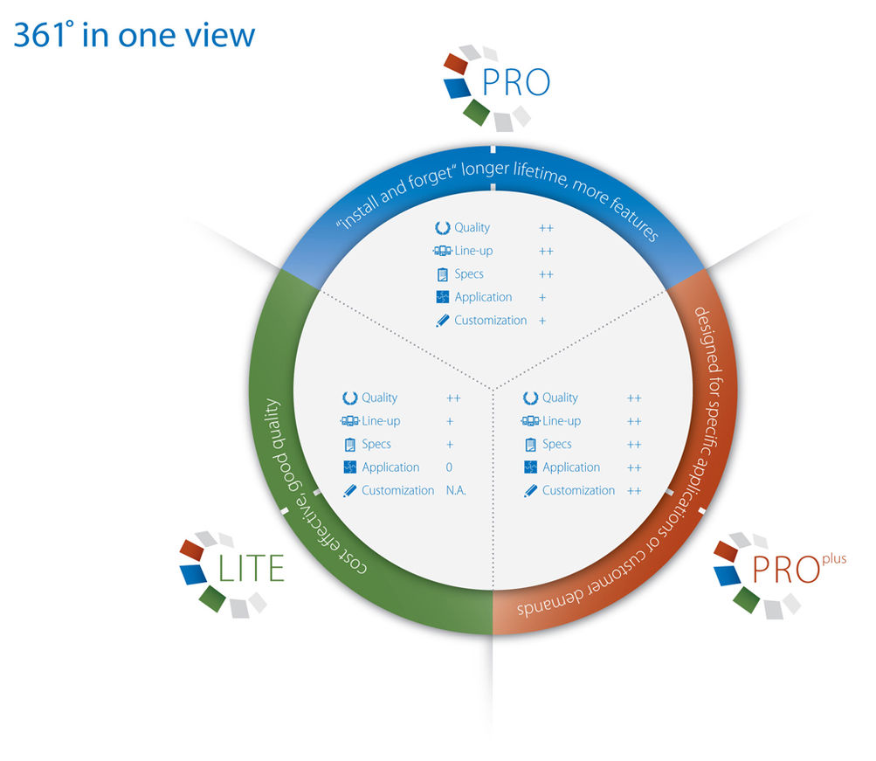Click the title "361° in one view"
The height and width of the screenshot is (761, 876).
pos(135,35)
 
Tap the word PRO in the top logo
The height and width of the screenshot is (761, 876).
pos(516,83)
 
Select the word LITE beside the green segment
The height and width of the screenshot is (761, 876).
pos(251,569)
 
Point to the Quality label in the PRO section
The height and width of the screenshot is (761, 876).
pos(472,228)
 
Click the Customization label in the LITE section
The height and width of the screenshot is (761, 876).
pos(397,491)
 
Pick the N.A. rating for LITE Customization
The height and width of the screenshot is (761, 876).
pos(456,491)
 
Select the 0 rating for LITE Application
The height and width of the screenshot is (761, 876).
pos(449,467)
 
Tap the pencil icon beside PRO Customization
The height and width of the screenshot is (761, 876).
pos(442,321)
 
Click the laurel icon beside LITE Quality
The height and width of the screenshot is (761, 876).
pos(349,398)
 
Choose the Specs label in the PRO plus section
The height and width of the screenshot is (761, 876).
pos(556,445)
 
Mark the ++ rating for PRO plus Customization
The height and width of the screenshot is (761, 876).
pos(634,491)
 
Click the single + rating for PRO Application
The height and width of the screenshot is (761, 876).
pos(542,298)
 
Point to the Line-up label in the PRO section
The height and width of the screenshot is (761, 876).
pos(473,252)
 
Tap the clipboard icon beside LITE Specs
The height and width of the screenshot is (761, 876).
pos(349,445)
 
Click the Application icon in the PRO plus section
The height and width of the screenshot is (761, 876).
pos(530,467)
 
